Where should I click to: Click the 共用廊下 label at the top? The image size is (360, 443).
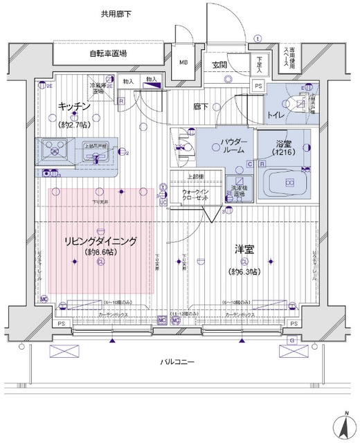pos(115,13)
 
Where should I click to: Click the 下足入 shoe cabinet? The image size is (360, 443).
pos(260,64)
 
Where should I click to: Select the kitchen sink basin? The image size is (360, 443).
pos(52,150)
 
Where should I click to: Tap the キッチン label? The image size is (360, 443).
pos(72,107)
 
